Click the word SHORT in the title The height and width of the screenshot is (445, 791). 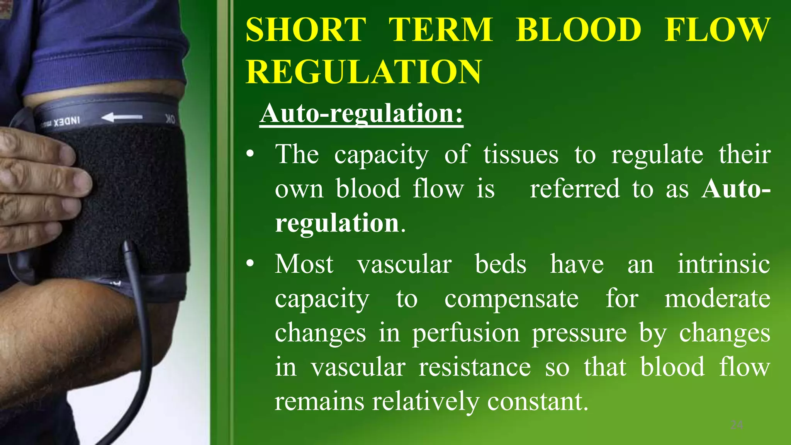306,30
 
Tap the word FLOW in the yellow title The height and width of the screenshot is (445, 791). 717,30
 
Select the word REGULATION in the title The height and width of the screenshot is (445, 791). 363,72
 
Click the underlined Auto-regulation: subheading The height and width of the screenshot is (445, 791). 361,114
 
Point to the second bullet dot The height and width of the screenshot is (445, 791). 250,264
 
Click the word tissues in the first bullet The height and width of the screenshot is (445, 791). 521,155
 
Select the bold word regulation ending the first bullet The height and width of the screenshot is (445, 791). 337,223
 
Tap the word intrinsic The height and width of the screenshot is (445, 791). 723,264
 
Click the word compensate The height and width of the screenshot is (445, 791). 511,299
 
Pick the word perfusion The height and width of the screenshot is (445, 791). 466,333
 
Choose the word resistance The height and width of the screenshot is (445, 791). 475,367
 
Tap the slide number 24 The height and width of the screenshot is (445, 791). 737,425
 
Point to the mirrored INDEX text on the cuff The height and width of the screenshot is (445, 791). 66,122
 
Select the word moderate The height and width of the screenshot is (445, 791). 717,299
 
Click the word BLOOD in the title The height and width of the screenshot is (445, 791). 578,30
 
